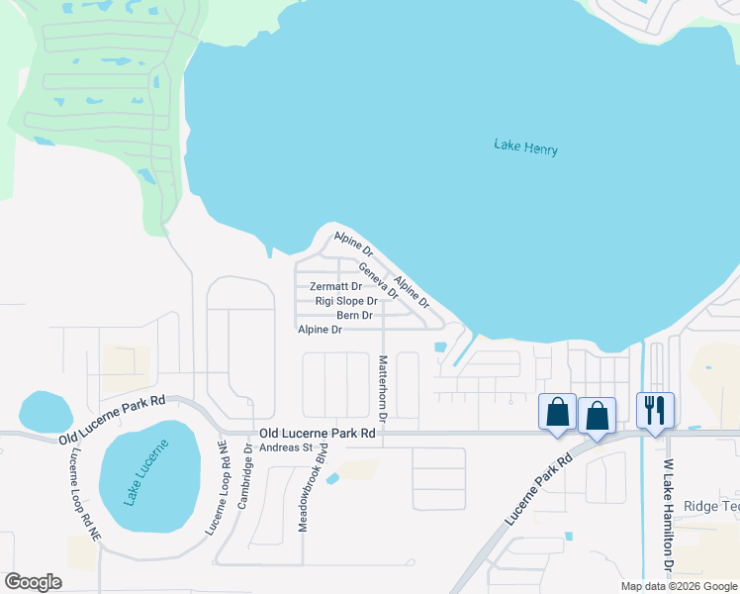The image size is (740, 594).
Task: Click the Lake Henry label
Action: coord(525,148)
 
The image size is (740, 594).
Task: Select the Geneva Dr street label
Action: coord(378,281)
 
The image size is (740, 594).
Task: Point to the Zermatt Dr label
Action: coord(335,287)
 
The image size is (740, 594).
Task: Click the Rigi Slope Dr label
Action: coord(346,301)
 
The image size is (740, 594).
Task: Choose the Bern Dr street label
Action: coord(354,316)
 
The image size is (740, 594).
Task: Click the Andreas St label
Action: coord(286,447)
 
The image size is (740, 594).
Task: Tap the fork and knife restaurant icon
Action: coord(655,411)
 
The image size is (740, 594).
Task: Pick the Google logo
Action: coord(33,582)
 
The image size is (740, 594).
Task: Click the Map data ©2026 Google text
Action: coord(678,586)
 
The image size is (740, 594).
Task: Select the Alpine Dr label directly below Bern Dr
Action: coord(320,330)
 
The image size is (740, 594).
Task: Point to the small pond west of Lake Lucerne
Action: coord(45,411)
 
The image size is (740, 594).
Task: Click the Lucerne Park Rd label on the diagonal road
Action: coord(539,490)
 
